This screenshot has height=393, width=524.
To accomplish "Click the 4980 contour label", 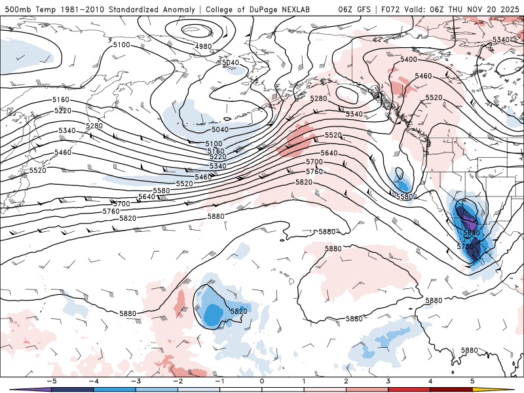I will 203,47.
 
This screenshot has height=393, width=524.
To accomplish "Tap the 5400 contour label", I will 408,60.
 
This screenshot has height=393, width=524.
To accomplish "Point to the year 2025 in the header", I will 508,9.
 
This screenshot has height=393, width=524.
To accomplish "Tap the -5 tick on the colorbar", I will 50,381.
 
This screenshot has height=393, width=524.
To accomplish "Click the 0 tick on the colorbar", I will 261,381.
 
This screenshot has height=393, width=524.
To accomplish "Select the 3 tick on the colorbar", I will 388,381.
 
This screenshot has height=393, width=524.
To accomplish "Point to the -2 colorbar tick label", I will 177,381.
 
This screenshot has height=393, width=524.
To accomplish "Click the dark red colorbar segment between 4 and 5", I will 452,390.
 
